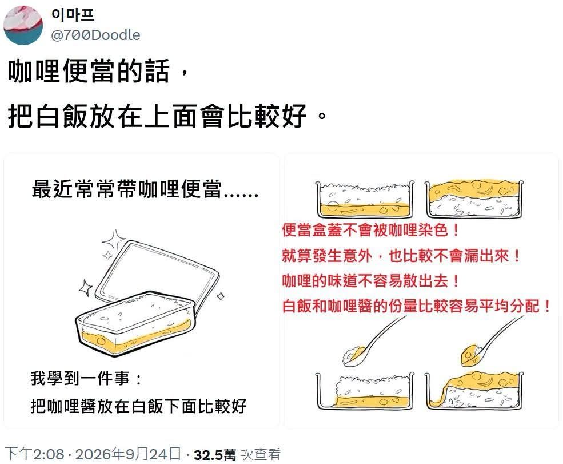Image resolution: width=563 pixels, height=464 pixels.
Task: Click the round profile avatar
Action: tap(23, 25)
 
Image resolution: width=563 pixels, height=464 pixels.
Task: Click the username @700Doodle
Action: tap(95, 35)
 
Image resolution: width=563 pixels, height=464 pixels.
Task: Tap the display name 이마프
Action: tap(73, 14)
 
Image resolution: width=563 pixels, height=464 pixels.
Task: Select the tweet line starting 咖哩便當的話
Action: tap(98, 71)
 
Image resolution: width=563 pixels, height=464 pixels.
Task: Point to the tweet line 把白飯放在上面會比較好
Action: tap(167, 116)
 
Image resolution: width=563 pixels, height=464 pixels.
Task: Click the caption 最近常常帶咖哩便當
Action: tap(145, 189)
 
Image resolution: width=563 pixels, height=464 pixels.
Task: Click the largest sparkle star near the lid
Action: tap(114, 240)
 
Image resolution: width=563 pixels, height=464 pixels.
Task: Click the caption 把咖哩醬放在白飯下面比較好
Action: tap(138, 406)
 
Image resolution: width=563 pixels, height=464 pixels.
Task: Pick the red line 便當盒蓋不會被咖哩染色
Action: tap(370, 230)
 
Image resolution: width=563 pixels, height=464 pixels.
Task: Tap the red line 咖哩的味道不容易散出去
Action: tap(370, 281)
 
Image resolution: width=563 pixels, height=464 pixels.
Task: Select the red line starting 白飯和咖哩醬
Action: tap(416, 306)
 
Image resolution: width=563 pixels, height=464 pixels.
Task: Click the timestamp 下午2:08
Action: tap(34, 454)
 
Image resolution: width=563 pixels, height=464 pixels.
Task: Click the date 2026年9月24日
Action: tap(128, 454)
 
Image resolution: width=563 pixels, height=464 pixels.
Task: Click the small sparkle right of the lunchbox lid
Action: tap(221, 296)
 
